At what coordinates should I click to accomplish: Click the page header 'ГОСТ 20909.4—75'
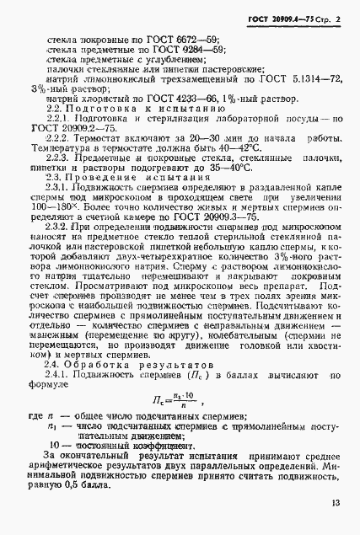(269, 18)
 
